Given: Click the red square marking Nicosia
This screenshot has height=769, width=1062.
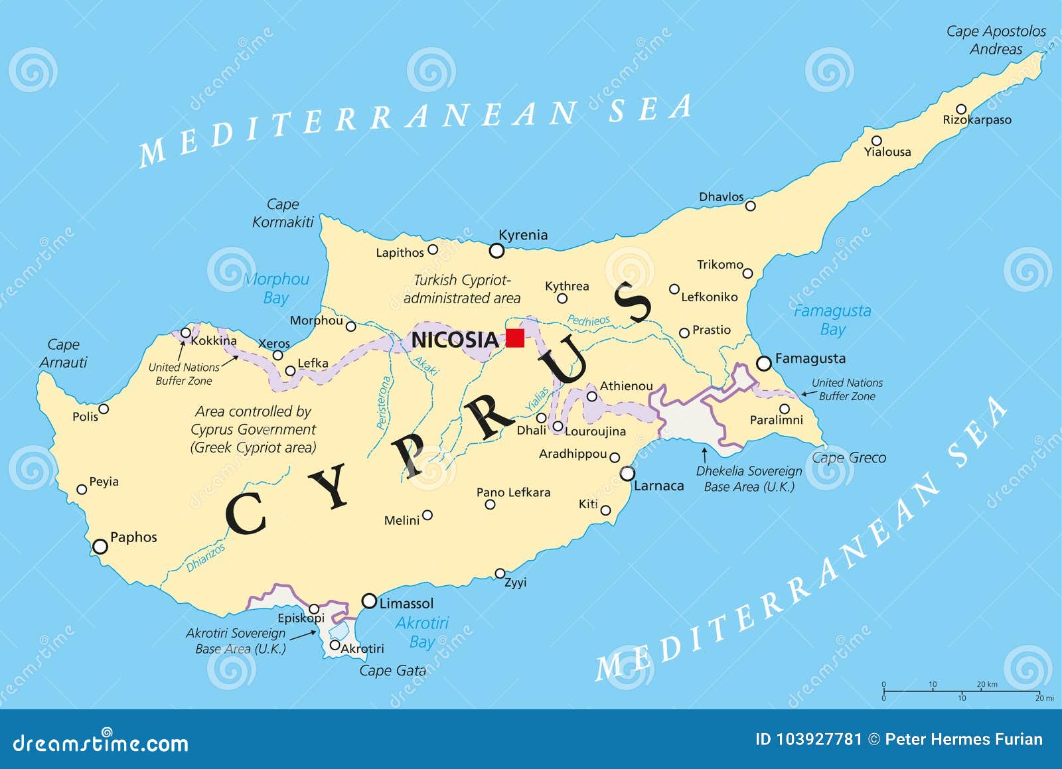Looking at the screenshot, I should click(514, 338).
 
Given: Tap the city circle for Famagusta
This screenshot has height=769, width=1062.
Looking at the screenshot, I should click(764, 364).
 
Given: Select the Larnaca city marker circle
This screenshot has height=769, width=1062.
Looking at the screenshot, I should click(627, 474).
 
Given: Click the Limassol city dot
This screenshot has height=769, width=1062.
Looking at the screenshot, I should click(369, 601).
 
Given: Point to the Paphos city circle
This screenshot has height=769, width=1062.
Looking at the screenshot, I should click(100, 547).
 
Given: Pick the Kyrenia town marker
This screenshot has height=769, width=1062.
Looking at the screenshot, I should click(496, 251).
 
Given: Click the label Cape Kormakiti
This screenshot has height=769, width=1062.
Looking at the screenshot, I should click(283, 213).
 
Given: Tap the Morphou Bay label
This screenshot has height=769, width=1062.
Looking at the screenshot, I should click(276, 288).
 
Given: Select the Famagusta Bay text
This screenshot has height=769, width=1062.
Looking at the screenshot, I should click(832, 320).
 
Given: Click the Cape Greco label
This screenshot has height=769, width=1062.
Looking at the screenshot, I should click(849, 458).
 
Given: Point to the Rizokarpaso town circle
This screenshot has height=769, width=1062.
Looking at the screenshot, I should click(961, 109).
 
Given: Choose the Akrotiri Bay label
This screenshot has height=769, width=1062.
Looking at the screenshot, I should click(422, 632).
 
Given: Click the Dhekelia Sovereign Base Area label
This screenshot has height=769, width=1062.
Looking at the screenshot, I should click(749, 479).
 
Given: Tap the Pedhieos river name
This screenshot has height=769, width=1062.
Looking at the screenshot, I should click(588, 320).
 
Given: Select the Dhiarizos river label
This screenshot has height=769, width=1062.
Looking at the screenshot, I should click(206, 558).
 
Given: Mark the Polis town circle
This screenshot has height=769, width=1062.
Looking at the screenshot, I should click(104, 409).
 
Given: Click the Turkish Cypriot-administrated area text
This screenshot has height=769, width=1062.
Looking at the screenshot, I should click(462, 289).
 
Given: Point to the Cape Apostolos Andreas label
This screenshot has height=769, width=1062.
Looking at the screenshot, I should click(996, 40).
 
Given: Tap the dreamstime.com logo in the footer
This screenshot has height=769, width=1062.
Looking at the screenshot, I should click(100, 744).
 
